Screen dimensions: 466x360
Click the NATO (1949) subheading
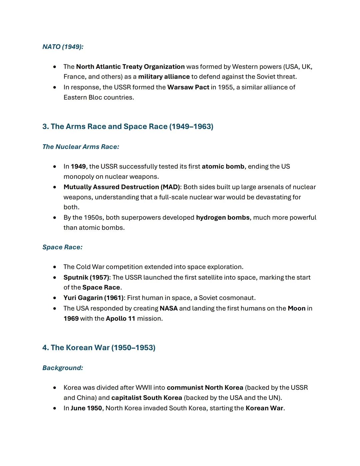tap(63, 47)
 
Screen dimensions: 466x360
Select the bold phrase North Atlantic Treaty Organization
tap(130, 67)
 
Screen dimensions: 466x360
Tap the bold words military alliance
tap(164, 77)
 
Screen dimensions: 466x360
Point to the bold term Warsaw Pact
tap(188, 87)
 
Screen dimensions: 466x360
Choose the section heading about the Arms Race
tap(128, 126)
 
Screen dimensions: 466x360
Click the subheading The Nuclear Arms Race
tap(81, 147)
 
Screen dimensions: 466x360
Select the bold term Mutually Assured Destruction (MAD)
tap(122, 187)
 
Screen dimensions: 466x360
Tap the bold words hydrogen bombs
tap(223, 217)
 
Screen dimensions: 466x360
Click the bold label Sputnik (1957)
tap(86, 278)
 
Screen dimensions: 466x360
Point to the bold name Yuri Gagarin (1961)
tap(93, 298)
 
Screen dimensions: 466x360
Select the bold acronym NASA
tap(168, 309)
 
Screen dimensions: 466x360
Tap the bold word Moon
tap(296, 309)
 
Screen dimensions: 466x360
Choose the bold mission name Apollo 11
tap(120, 319)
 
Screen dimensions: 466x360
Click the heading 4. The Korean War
tap(99, 348)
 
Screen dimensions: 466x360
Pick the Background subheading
tap(63, 368)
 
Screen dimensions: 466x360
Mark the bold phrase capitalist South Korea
tap(146, 398)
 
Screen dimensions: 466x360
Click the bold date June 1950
tap(86, 408)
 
